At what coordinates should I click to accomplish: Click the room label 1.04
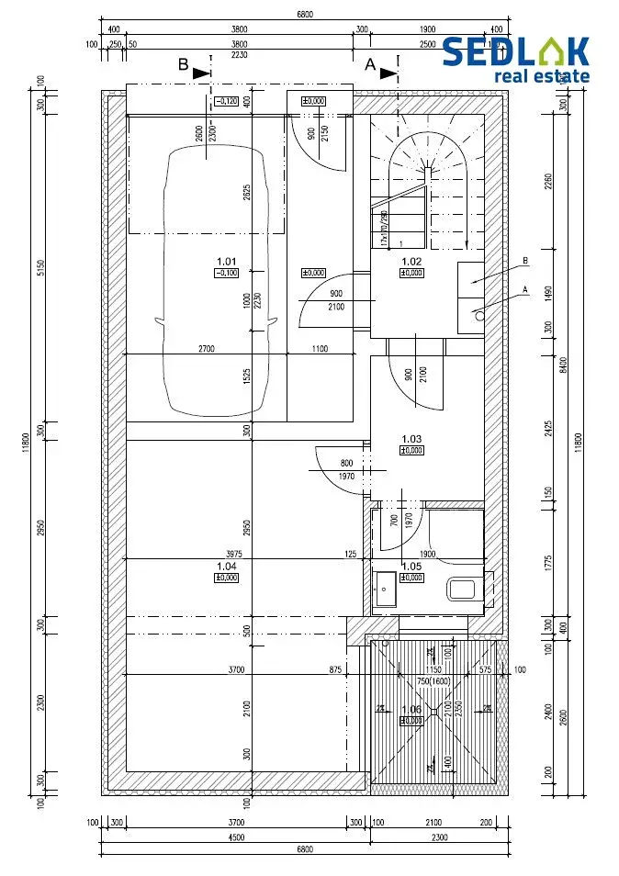tap(226, 566)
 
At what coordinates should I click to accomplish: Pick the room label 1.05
tap(411, 566)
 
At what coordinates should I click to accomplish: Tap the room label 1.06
tap(411, 709)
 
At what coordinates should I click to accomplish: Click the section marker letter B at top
tap(184, 65)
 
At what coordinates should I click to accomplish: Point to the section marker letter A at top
tap(371, 65)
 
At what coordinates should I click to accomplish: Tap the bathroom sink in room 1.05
tap(385, 589)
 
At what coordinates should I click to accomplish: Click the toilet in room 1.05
tap(461, 589)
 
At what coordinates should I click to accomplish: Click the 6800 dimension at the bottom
tap(304, 849)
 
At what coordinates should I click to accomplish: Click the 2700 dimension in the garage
tap(206, 349)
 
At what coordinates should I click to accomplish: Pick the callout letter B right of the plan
tap(524, 262)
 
